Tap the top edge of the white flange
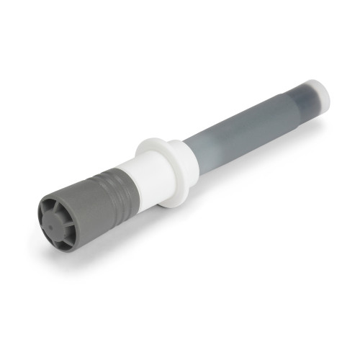click(x=156, y=140)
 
